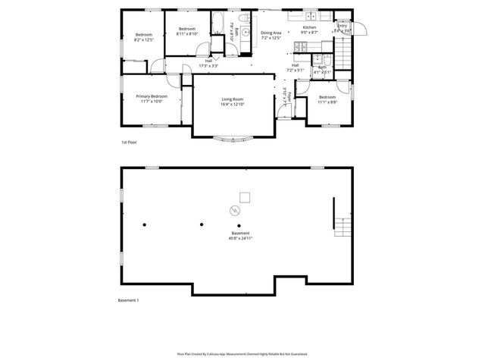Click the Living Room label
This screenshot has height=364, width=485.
coord(232,99)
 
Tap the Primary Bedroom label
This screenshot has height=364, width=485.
coord(152,96)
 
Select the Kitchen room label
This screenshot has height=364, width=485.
coord(308,28)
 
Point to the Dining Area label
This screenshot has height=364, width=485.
coord(271,33)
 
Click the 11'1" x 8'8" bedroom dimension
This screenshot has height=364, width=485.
coord(327,102)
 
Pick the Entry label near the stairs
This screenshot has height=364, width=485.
coord(343,27)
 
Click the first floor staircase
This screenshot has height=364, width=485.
coord(346,55)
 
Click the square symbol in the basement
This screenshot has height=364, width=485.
coord(243,194)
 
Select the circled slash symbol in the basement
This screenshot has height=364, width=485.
coord(234,209)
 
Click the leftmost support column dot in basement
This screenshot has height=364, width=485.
coord(145,224)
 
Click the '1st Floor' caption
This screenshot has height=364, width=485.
coord(129,142)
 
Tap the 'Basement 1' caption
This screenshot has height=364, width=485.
coord(128,300)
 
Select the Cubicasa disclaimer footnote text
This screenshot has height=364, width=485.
coord(242,353)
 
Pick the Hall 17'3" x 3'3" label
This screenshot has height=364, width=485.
coord(208,63)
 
